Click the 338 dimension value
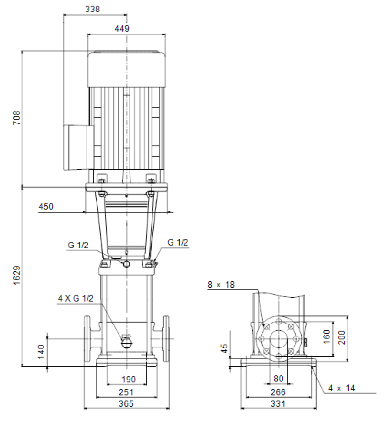click(x=93, y=9)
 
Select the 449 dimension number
click(x=122, y=28)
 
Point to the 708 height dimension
click(x=17, y=118)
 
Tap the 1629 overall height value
click(x=17, y=275)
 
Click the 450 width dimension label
click(x=46, y=207)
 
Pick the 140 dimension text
click(x=41, y=352)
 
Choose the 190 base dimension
click(x=129, y=379)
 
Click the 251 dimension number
click(x=126, y=392)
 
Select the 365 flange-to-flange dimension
click(x=126, y=404)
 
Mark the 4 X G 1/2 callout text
click(x=76, y=299)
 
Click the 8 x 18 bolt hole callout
click(x=221, y=285)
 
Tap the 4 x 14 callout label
click(x=341, y=388)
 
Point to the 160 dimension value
click(x=326, y=336)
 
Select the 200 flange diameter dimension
click(x=342, y=337)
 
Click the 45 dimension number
click(x=224, y=348)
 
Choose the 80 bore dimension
click(x=279, y=379)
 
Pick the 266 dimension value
click(x=278, y=392)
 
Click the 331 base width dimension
click(x=278, y=404)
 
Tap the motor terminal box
click(x=78, y=147)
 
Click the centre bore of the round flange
click(x=279, y=339)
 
